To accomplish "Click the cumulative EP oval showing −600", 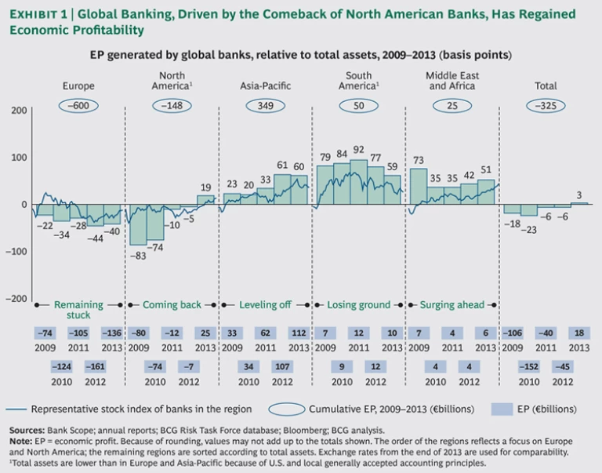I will pos(78,105).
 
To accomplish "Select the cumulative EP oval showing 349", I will pos(266,105).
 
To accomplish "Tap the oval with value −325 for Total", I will pos(546,105).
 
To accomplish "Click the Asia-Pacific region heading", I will pos(266,86).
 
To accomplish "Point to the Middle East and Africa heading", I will pos(452,80).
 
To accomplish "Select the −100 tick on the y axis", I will pos(15,252).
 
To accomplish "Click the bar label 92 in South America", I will pos(359,150).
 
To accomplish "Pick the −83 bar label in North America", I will pos(138,256).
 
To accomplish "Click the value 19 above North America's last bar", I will pos(205,187).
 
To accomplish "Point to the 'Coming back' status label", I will pos(172,304).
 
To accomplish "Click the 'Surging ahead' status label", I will pos(452,304).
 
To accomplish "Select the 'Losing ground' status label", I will pos(359,304).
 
